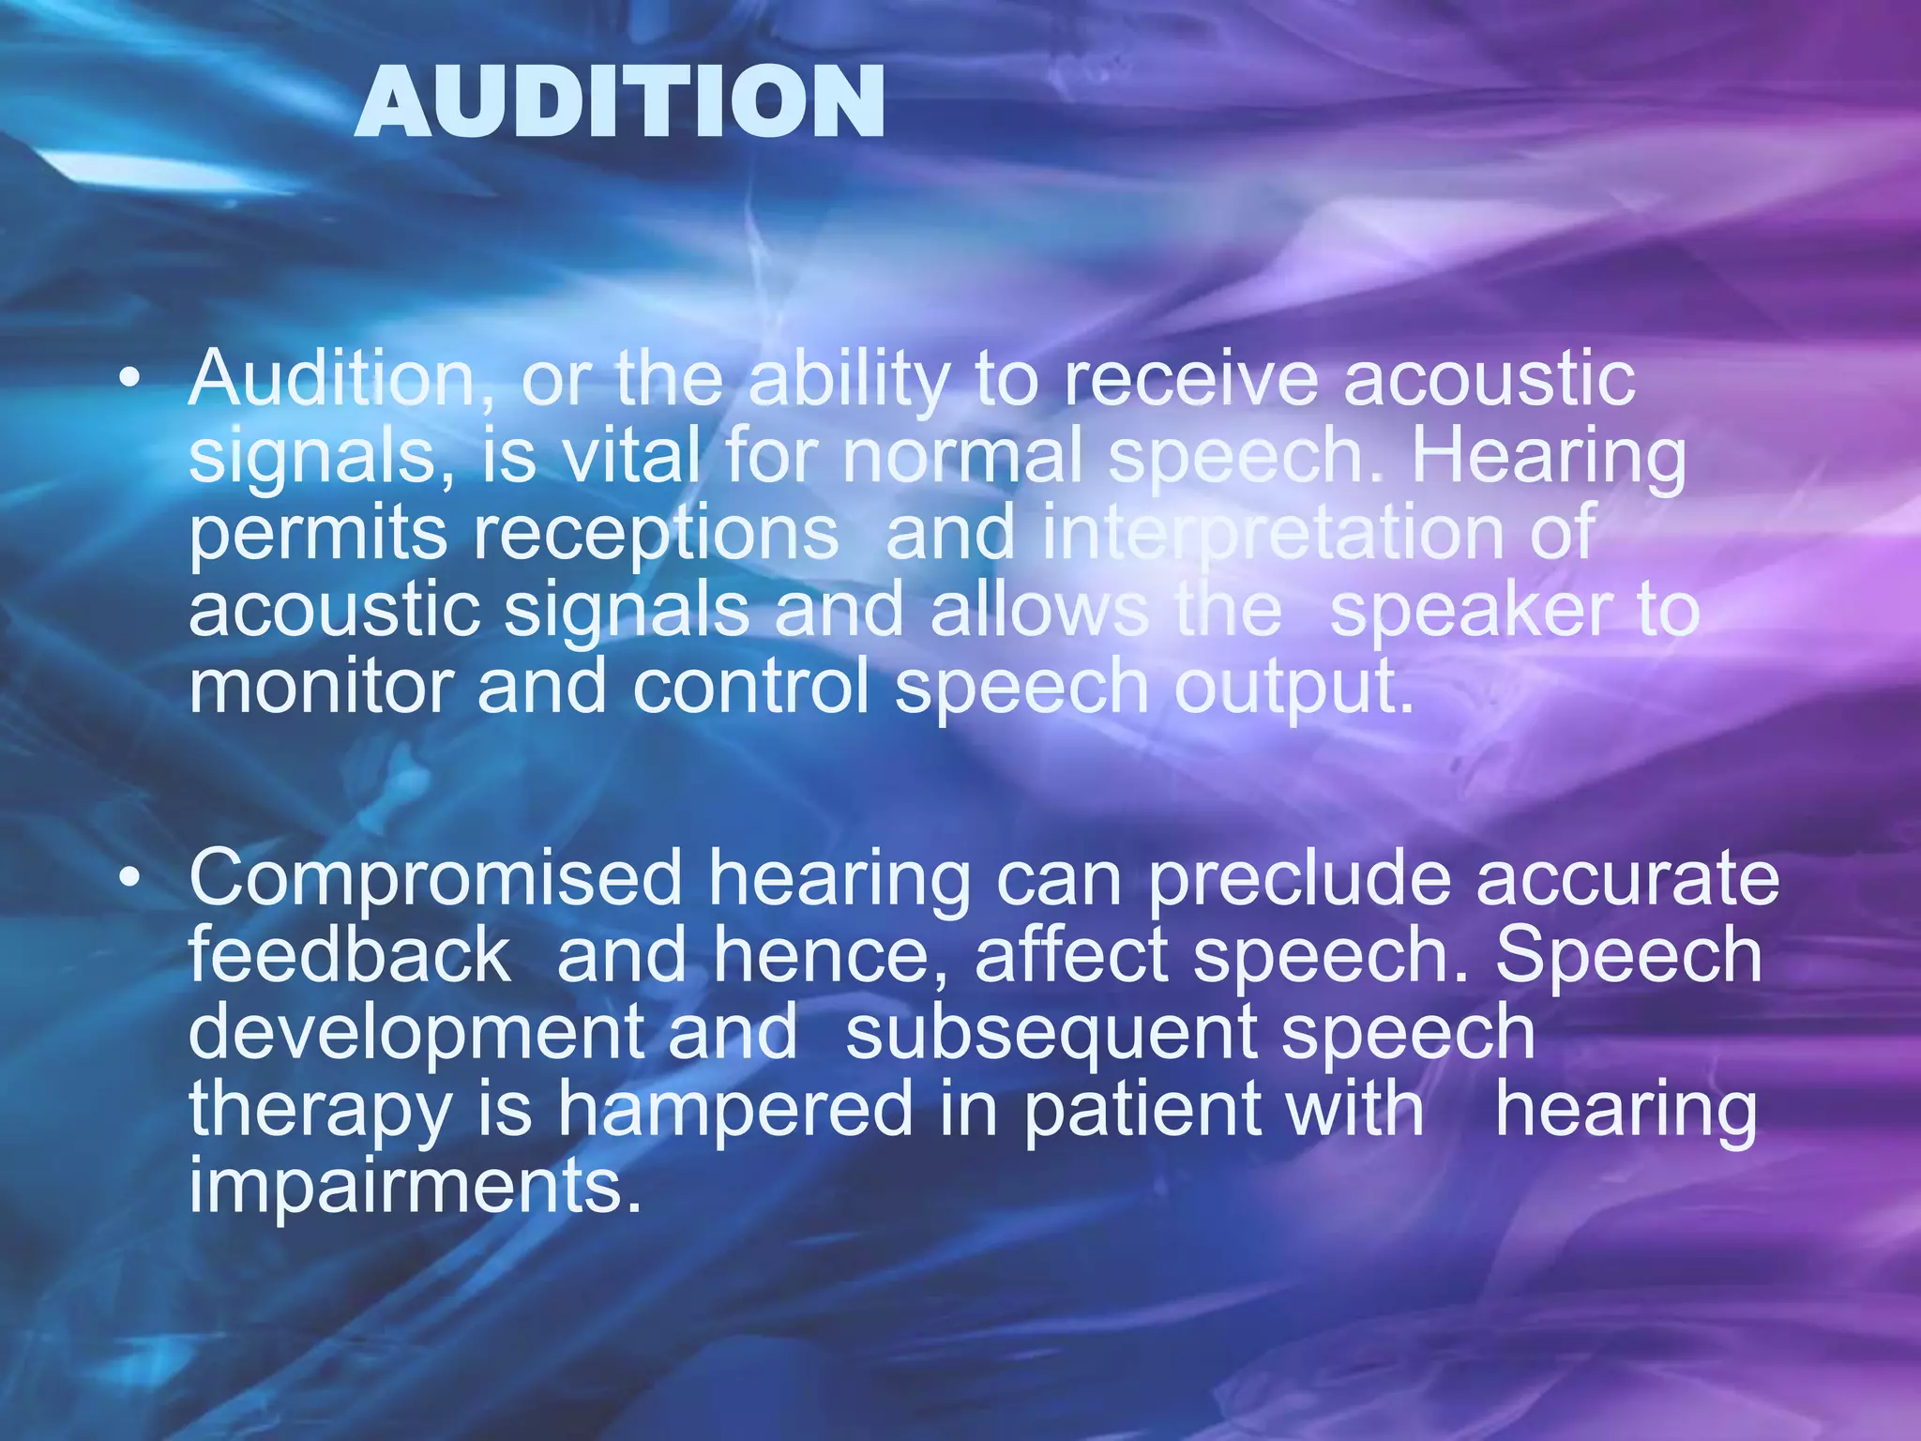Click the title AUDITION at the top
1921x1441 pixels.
pos(619,102)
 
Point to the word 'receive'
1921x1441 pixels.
pos(1189,380)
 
